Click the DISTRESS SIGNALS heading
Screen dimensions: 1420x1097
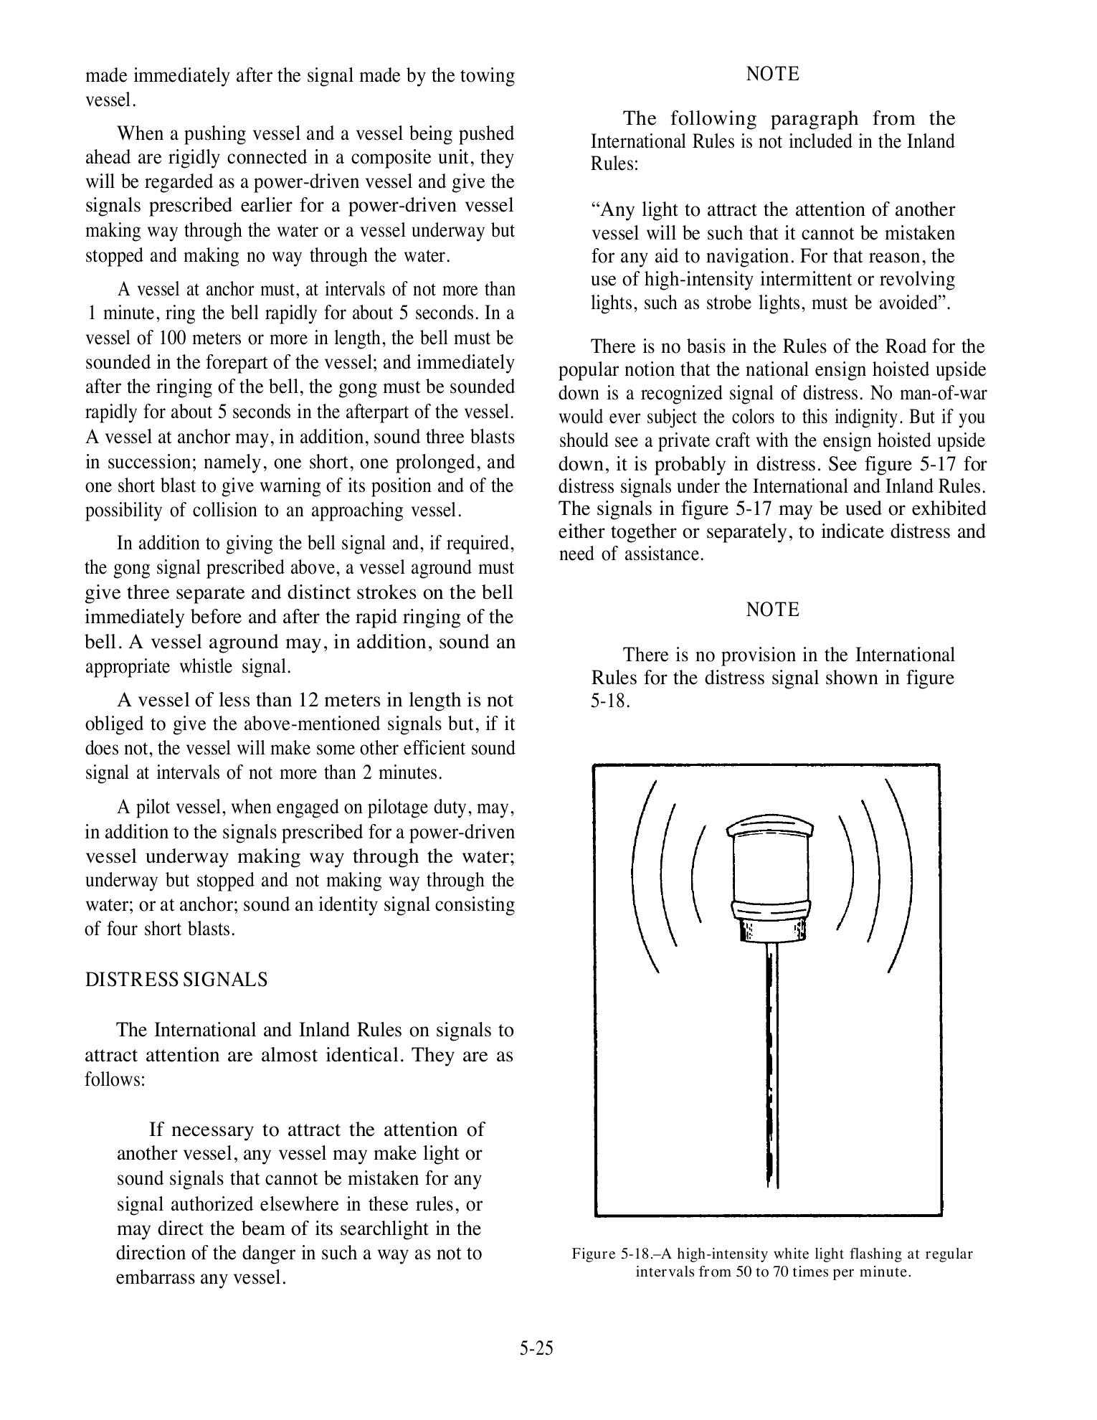pos(176,980)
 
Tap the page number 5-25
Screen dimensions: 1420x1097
pos(537,1348)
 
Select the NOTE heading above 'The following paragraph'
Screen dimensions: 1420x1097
pos(772,74)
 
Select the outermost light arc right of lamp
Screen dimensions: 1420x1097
pos(901,875)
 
